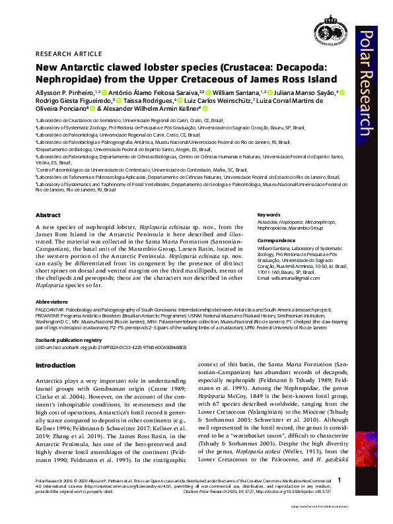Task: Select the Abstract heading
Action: (x=48, y=215)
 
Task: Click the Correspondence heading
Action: (x=276, y=240)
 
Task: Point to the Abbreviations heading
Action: (x=54, y=300)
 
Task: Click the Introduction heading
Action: (x=55, y=365)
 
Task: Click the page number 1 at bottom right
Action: (x=339, y=499)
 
